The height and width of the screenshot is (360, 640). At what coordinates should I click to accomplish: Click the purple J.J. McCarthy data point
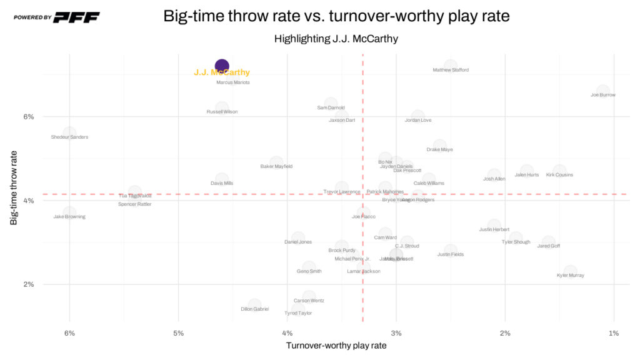[222, 66]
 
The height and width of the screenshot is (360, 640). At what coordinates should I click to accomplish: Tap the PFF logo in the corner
[76, 17]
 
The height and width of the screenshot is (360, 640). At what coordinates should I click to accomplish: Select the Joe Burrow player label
[603, 95]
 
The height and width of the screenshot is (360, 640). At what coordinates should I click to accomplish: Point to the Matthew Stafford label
[451, 70]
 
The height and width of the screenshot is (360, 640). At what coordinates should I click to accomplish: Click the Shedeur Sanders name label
[69, 137]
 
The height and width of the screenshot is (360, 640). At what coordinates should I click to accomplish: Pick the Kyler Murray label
[571, 275]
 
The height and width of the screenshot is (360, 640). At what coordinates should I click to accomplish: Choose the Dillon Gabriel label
[254, 309]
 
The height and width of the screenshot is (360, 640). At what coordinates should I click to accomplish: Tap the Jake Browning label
[69, 217]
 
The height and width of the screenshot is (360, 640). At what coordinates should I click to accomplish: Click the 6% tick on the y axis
[29, 116]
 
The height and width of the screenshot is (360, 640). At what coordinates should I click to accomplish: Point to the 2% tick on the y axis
[29, 284]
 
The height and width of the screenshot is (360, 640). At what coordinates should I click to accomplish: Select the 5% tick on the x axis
[178, 333]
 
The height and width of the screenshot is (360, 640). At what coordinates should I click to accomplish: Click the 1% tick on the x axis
[614, 333]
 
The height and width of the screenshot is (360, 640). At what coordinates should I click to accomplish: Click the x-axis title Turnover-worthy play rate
[336, 346]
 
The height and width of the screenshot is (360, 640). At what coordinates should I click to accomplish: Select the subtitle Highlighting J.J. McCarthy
[336, 39]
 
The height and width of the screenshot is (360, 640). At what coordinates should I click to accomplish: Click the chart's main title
[336, 16]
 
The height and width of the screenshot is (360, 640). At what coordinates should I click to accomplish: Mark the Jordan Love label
[417, 120]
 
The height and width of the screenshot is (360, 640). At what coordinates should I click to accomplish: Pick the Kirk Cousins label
[559, 175]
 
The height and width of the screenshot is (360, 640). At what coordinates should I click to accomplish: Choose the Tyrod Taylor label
[298, 313]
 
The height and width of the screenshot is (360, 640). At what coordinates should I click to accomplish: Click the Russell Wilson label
[222, 112]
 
